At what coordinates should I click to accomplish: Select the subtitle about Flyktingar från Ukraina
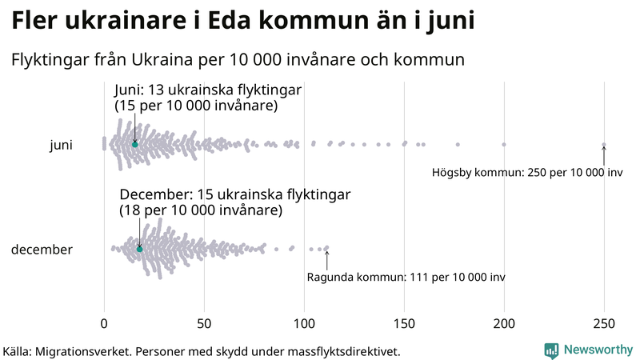click(x=238, y=60)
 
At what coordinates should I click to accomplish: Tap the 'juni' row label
click(x=61, y=145)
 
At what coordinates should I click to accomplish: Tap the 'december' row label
click(x=42, y=250)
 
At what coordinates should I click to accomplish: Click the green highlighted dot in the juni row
click(x=134, y=144)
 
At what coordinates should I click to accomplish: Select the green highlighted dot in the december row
click(x=139, y=249)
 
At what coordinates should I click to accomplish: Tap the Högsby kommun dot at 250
click(x=604, y=145)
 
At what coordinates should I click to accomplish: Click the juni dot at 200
click(x=504, y=145)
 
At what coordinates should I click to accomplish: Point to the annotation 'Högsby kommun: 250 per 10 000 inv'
click(x=527, y=173)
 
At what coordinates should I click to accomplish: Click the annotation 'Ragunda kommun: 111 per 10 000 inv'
click(x=406, y=277)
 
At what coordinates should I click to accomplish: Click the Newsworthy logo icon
click(x=551, y=350)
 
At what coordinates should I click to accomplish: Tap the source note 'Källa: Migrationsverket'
click(x=202, y=351)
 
